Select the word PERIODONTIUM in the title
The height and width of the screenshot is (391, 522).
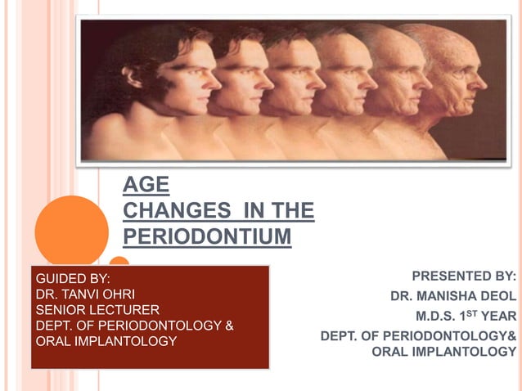pos(207,236)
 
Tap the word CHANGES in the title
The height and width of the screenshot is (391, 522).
pos(170,210)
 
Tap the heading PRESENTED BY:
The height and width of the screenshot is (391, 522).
pos(464,276)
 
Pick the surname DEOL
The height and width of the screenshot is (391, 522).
pos(500,296)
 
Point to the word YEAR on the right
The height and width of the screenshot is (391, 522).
pos(498,316)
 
